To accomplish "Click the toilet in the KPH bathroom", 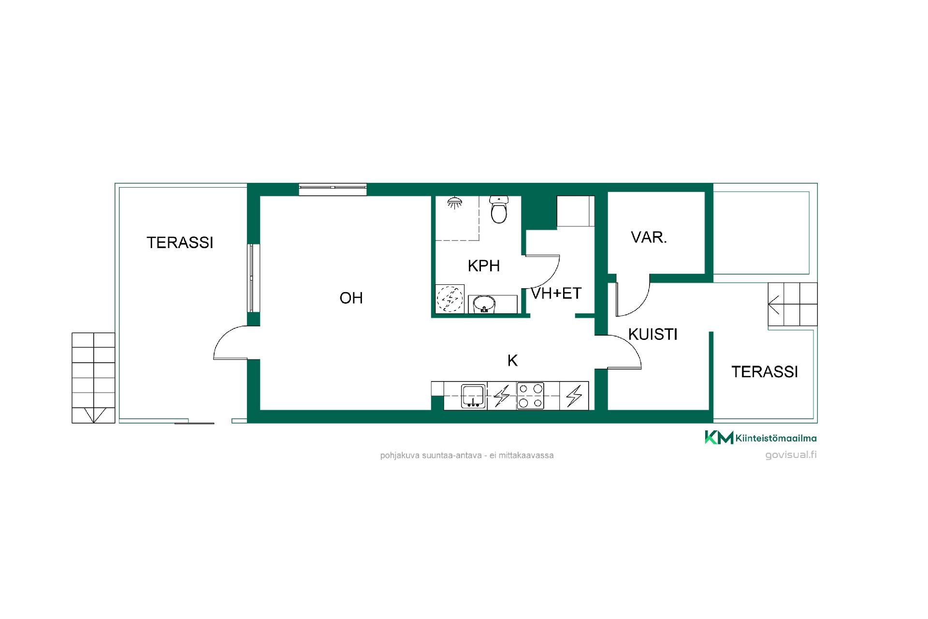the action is click(x=499, y=209).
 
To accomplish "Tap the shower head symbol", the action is click(x=453, y=203).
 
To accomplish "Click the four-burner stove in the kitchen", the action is click(x=530, y=396).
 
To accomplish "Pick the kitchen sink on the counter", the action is click(x=474, y=396).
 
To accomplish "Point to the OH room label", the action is click(x=351, y=298).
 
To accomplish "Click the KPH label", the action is click(x=484, y=265).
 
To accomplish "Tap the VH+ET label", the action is click(x=556, y=293).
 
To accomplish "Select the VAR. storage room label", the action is click(x=649, y=237).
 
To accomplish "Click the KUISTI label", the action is click(x=653, y=334).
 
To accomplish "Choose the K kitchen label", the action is click(x=512, y=360).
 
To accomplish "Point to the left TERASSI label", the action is click(x=180, y=242).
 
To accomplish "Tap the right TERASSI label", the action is click(x=765, y=371).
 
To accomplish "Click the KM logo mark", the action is click(x=719, y=437).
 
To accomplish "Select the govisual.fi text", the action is click(x=791, y=455).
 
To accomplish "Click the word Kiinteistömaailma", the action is click(x=776, y=438).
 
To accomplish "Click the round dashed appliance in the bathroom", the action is click(x=449, y=298).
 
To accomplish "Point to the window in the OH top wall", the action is click(x=333, y=190).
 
